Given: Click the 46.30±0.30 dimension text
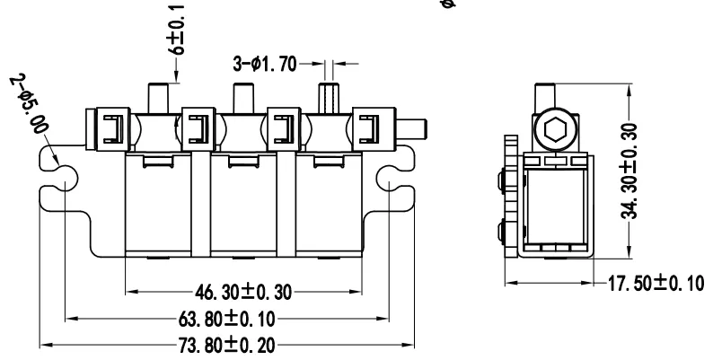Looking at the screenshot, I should (x=243, y=292).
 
